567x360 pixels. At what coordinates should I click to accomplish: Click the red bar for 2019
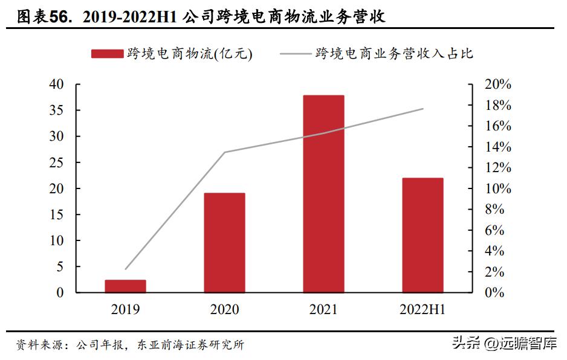pyautogui.click(x=125, y=286)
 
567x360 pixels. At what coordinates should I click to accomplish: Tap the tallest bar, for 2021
pyautogui.click(x=323, y=194)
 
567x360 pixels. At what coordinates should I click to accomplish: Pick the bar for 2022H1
pyautogui.click(x=423, y=235)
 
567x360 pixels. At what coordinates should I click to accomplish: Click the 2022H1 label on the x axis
pyautogui.click(x=423, y=310)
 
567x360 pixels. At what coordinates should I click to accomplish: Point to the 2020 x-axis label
pyautogui.click(x=224, y=310)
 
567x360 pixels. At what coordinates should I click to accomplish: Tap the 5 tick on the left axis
pyautogui.click(x=60, y=266)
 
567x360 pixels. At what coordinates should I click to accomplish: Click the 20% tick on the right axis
pyautogui.click(x=497, y=85)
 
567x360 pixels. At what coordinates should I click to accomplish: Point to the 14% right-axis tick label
pyautogui.click(x=497, y=147)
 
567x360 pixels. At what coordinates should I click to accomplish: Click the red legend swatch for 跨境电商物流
pyautogui.click(x=107, y=54)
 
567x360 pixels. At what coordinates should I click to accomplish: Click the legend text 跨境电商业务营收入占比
pyautogui.click(x=394, y=54)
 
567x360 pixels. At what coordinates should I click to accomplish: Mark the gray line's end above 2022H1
pyautogui.click(x=423, y=109)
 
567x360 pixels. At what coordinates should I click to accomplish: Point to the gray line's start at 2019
pyautogui.click(x=126, y=269)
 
